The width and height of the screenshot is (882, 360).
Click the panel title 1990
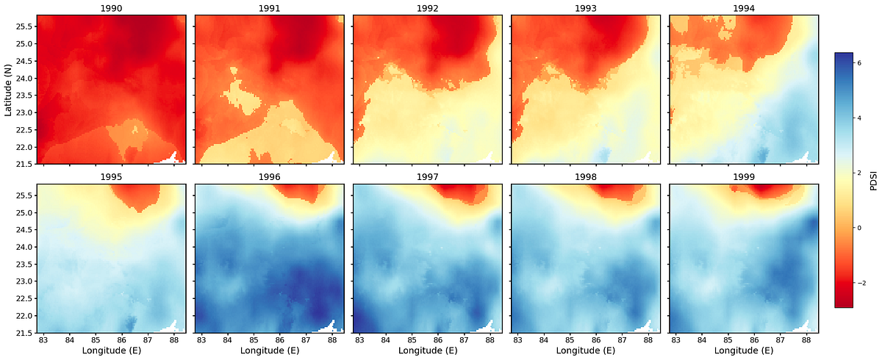(x=111, y=8)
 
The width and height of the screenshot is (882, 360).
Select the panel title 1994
(x=743, y=8)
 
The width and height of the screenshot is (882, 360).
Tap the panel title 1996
(x=269, y=177)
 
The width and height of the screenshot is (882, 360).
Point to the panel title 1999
(x=743, y=177)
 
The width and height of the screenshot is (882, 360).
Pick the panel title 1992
(x=427, y=8)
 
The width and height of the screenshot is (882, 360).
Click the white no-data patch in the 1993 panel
(x=648, y=156)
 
